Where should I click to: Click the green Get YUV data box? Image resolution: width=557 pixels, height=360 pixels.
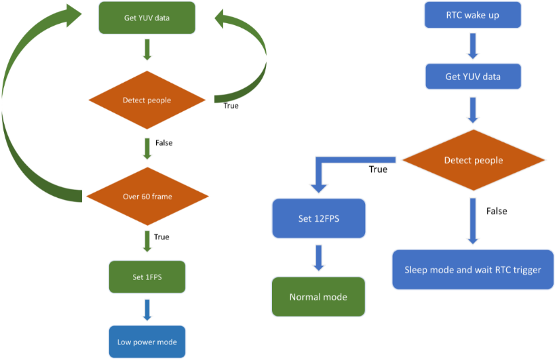pos(147,18)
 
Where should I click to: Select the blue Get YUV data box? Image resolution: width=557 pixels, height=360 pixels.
pos(473,77)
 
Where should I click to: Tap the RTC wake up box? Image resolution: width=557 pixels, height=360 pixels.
pos(473,16)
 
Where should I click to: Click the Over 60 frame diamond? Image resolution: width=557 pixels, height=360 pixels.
pos(147,197)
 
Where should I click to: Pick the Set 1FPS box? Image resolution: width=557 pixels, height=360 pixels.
pos(147,277)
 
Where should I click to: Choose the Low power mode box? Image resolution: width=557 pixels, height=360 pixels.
pos(147,342)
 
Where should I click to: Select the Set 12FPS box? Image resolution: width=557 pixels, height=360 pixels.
pos(318,218)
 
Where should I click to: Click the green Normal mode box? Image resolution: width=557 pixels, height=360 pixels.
pos(318,297)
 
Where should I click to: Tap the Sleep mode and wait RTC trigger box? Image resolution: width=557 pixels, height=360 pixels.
pos(473,270)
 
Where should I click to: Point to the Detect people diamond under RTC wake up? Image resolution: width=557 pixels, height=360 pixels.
pos(474,161)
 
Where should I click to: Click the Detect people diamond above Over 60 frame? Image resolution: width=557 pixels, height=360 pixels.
pos(147,100)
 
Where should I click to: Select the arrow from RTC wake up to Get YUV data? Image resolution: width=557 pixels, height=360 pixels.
pos(473,46)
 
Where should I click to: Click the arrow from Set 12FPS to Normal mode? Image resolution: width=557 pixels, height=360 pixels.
pos(318,258)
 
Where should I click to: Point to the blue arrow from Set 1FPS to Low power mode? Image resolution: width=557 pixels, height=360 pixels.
pos(147,309)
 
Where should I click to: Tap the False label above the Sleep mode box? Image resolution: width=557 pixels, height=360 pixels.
pos(497,211)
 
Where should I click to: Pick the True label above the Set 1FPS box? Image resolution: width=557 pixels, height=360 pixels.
pos(161,237)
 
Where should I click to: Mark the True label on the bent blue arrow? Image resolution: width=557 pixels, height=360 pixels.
pos(378,169)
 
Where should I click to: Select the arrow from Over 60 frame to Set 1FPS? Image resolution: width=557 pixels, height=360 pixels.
pos(147,240)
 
